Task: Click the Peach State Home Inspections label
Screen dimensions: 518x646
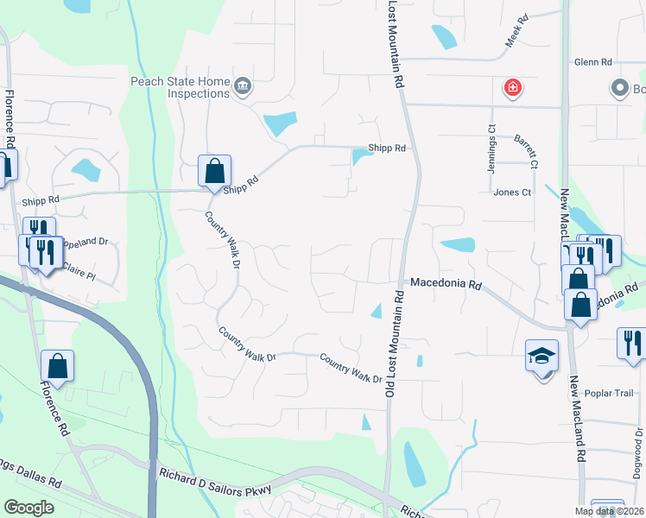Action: click(180, 87)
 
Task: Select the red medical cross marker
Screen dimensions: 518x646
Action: click(513, 87)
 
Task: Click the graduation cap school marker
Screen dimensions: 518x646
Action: click(541, 356)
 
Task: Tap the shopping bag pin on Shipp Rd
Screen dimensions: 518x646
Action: click(214, 171)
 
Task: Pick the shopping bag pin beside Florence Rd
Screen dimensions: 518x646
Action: click(57, 368)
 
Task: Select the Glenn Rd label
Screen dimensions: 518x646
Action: click(592, 62)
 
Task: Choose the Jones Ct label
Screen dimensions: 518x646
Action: click(512, 193)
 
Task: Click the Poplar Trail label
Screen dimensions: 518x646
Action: click(609, 394)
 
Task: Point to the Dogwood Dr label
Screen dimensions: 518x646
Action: click(637, 462)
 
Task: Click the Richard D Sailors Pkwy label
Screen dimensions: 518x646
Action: click(216, 482)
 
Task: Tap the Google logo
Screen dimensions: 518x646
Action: click(28, 508)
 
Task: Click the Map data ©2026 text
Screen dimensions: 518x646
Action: click(609, 511)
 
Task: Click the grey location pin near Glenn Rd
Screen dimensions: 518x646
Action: click(619, 88)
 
